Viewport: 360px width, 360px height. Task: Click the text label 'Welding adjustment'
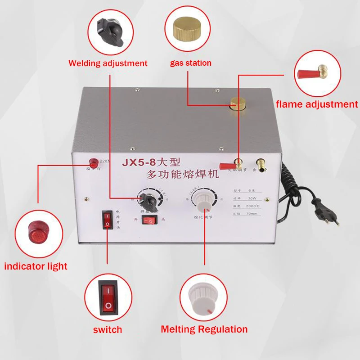108,63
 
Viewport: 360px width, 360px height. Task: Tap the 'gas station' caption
190,63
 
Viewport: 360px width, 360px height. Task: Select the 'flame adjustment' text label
316,104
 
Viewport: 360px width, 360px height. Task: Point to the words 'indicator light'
36,266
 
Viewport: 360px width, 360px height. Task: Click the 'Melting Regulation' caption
204,329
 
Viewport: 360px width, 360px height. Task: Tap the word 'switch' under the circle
108,329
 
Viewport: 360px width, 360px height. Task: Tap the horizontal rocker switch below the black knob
150,220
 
